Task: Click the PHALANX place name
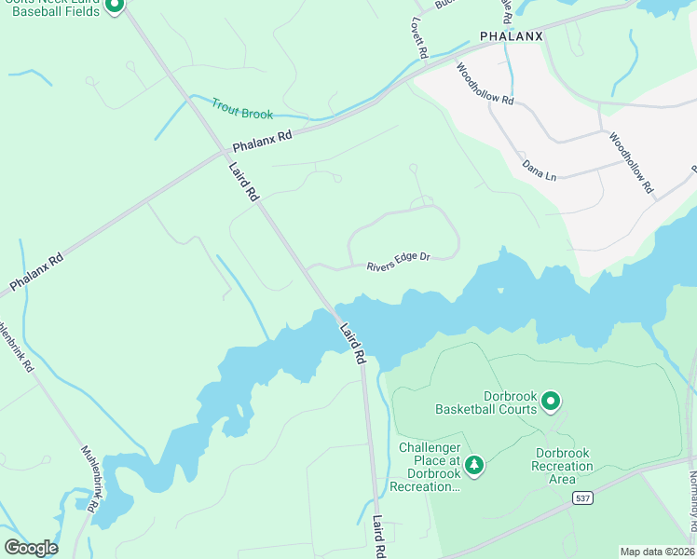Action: coord(511,36)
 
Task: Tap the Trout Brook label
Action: coord(242,108)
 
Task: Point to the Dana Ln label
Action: coord(539,168)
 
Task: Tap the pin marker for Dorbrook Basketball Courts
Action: coord(551,402)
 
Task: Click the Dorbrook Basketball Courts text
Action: coord(485,402)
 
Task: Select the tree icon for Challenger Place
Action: coord(474,464)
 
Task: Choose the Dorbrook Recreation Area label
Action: coord(562,466)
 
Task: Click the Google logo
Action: coord(31,548)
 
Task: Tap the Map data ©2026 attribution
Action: coord(657,552)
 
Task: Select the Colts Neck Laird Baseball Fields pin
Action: coord(114,6)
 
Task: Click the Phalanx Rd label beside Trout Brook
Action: coord(262,142)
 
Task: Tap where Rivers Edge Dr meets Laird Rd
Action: coord(305,267)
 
